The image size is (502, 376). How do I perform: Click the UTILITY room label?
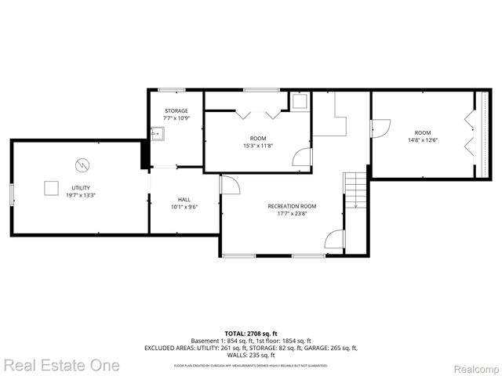81,188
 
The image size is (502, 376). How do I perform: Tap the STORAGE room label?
176,111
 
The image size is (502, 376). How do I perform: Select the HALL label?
184,199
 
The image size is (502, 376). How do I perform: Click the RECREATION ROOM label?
292,206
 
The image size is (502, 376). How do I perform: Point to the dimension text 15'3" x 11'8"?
258,146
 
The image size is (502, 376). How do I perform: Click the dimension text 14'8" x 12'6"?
423,140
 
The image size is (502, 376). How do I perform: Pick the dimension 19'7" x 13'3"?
81,196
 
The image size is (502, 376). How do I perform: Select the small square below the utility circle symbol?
51,187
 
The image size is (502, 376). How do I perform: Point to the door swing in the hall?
229,185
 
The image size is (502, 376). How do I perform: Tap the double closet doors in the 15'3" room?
258,114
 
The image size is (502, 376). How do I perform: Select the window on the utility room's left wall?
11,195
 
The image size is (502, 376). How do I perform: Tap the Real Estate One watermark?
62,365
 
